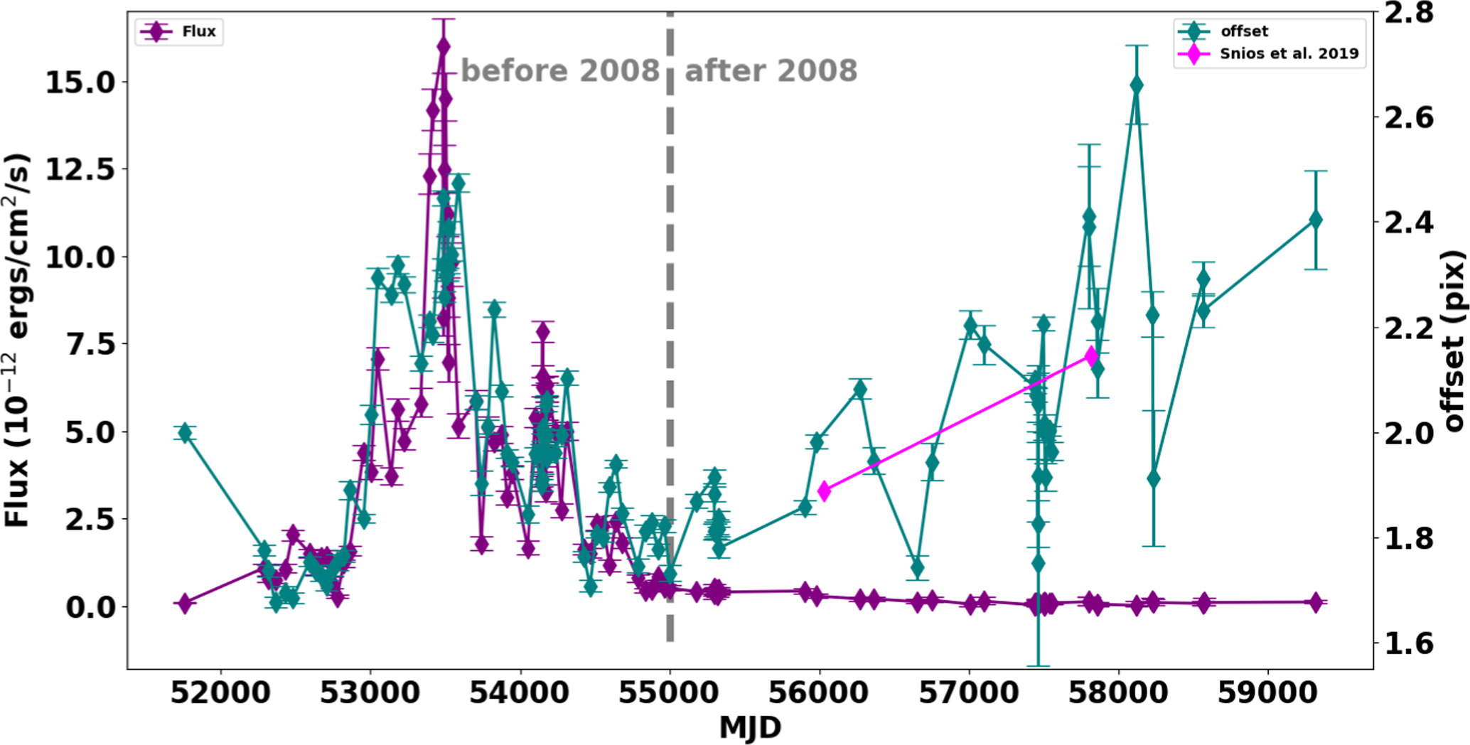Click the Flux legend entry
pyautogui.click(x=179, y=32)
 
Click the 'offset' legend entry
pyautogui.click(x=1244, y=31)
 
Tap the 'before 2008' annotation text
pyautogui.click(x=560, y=71)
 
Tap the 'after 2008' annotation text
pyautogui.click(x=771, y=71)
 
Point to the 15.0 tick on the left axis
pyautogui.click(x=80, y=82)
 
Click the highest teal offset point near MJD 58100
pyautogui.click(x=1137, y=85)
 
